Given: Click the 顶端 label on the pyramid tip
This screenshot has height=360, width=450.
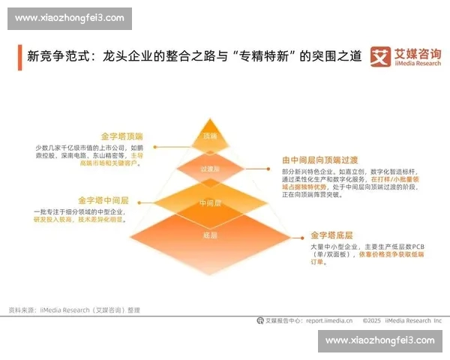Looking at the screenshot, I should tap(209, 136).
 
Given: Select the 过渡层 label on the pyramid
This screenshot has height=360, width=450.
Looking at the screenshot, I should tap(209, 169).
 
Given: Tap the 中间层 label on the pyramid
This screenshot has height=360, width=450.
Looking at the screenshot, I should tap(209, 203).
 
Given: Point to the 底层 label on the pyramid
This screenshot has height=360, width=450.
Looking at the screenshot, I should tap(209, 235).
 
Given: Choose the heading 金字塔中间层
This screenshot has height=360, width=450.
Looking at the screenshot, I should tap(103, 201).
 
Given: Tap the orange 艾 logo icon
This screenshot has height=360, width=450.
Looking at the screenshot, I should tap(382, 57).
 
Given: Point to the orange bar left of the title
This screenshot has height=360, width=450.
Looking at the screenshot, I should tap(19, 57).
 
